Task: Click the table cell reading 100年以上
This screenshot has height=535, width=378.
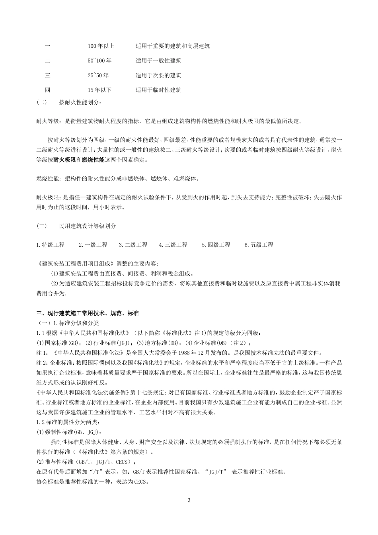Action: tap(101, 46)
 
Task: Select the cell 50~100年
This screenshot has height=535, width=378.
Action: tap(99, 61)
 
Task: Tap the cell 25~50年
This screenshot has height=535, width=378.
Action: tap(98, 76)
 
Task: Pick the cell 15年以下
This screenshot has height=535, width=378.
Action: tap(99, 90)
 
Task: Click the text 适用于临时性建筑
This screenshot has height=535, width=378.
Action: tap(158, 90)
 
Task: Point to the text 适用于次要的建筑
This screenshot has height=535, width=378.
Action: tap(158, 76)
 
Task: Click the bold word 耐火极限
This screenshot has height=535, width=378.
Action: tap(64, 160)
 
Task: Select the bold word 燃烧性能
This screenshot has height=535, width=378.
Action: tap(93, 160)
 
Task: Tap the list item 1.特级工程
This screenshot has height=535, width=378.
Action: tap(50, 245)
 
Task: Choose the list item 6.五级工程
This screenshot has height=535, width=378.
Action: tap(259, 245)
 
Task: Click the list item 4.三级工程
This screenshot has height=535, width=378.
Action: tap(173, 245)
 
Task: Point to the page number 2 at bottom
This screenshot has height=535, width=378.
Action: tap(189, 500)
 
